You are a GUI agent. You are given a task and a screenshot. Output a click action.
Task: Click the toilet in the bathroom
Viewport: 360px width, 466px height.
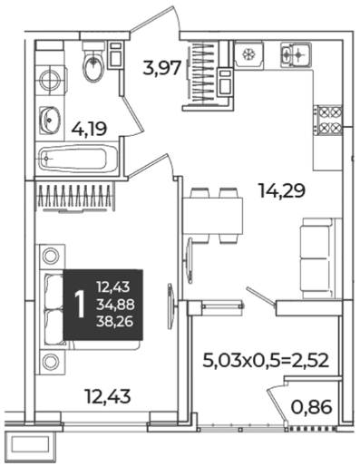coord(93,62)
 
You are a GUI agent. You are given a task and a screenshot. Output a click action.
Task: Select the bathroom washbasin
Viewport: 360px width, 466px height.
coord(50,121)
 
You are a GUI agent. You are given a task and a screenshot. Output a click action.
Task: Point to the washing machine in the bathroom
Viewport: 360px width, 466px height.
coord(50,81)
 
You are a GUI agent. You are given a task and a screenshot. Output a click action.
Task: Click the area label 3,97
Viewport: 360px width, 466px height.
coord(162,68)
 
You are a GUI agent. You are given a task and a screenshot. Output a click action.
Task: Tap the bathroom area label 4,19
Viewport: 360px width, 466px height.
coord(89,130)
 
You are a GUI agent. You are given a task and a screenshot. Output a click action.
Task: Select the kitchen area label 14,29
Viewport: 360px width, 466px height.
coord(282,191)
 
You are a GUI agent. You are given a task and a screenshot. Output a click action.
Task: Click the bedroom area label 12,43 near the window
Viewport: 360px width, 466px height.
coord(108,396)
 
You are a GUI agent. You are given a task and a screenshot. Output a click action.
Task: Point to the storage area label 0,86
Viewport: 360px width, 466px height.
coord(311,407)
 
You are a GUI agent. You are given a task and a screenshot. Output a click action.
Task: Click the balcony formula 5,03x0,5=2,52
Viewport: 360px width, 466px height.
coord(266,361)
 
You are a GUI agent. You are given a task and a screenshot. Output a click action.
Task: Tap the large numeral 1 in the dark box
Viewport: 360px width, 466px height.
coord(80,305)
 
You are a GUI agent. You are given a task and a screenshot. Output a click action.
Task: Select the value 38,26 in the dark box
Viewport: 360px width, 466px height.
coord(115,323)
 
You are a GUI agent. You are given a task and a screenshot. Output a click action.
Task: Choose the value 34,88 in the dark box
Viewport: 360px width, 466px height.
coord(115,305)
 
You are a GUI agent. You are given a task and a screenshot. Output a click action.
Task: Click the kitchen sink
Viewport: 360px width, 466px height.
coord(296,54)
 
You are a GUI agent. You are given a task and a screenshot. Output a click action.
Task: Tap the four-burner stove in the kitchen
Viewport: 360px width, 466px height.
coord(327,121)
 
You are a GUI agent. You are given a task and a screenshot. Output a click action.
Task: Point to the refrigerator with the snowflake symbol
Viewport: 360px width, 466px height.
coord(249,54)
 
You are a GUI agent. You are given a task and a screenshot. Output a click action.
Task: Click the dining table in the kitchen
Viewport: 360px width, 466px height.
coord(213,216)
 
